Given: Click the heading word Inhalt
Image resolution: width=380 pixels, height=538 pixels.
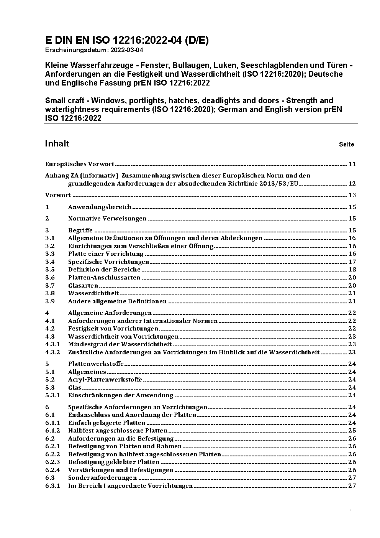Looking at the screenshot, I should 57,143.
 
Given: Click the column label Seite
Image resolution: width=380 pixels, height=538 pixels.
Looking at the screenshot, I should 346,145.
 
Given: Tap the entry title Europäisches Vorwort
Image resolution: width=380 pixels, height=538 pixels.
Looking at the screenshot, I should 80,164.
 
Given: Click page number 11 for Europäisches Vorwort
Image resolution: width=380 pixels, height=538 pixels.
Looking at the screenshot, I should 352,164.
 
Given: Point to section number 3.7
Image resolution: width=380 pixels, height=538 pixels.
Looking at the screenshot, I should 50,285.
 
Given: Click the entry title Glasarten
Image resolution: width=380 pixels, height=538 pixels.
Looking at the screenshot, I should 83,285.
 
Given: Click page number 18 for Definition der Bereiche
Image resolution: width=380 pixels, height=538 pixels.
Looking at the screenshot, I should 352,270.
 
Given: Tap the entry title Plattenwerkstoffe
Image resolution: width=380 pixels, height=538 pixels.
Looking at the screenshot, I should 96,364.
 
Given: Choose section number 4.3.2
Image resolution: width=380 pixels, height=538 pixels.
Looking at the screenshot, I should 52,352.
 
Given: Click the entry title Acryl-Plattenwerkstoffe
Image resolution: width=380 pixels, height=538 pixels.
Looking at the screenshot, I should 105,380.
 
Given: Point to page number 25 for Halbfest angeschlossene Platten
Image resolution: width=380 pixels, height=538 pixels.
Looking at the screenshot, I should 352,431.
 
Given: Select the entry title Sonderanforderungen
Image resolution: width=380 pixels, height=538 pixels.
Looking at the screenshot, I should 102,478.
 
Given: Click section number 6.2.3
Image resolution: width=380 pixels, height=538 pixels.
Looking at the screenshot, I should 52,462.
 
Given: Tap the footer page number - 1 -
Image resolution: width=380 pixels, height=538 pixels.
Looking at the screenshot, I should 351,512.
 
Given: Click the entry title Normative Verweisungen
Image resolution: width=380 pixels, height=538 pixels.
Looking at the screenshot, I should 107,219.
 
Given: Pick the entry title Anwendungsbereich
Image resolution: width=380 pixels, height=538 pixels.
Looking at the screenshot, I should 100,207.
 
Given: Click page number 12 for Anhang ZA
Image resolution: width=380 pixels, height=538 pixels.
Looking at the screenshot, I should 352,184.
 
